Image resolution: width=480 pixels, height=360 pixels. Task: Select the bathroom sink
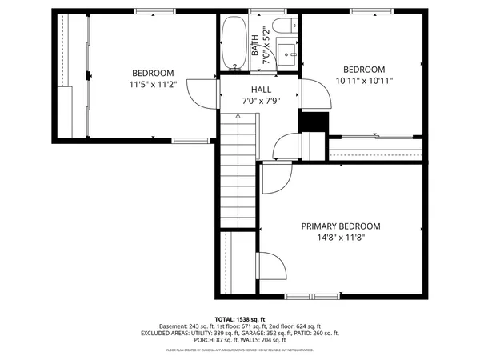pos(286,57)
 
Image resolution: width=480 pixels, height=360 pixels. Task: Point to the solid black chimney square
pos(314,121)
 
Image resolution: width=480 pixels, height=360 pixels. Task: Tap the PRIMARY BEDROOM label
pos(340,226)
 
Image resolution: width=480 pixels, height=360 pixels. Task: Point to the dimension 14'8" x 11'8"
pos(340,238)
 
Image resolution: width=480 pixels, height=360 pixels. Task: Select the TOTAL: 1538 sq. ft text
pos(239,318)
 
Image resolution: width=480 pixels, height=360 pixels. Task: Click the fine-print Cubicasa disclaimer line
pos(239,350)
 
